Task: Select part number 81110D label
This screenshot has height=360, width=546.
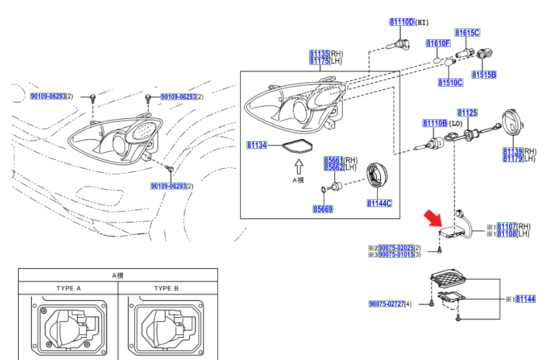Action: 401,22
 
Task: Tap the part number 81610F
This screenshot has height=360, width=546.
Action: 438,43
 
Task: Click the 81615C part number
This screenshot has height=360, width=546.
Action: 467,33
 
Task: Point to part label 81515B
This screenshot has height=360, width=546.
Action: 484,75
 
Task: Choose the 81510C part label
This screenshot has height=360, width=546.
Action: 450,83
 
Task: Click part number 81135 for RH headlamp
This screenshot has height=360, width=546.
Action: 319,54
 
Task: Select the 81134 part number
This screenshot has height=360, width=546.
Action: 257,145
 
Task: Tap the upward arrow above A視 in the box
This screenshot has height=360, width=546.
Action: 298,165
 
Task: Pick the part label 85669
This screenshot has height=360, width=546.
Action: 322,208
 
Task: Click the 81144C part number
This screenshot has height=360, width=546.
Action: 379,203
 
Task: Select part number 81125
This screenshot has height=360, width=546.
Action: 467,112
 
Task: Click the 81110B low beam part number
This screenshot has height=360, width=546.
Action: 435,124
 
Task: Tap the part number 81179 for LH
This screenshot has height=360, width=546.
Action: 513,159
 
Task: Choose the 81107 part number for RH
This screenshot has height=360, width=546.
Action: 506,227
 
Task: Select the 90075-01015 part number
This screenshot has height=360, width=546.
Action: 396,255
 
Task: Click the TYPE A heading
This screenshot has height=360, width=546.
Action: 69,288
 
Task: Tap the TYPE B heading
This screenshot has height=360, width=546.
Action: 166,288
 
